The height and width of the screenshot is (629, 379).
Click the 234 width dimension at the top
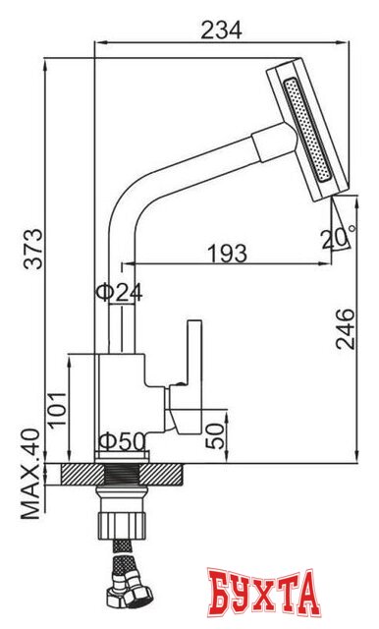[222, 29]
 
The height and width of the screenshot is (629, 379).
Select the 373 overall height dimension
[32, 249]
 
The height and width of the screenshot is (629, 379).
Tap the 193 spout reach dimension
[227, 254]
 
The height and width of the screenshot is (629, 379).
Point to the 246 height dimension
[346, 329]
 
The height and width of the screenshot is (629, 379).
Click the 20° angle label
[338, 238]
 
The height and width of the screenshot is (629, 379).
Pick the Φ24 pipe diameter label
[119, 293]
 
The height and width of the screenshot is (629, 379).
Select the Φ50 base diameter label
[122, 441]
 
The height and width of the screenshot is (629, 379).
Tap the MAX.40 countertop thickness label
[30, 475]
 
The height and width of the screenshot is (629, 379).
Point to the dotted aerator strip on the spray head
[307, 131]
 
